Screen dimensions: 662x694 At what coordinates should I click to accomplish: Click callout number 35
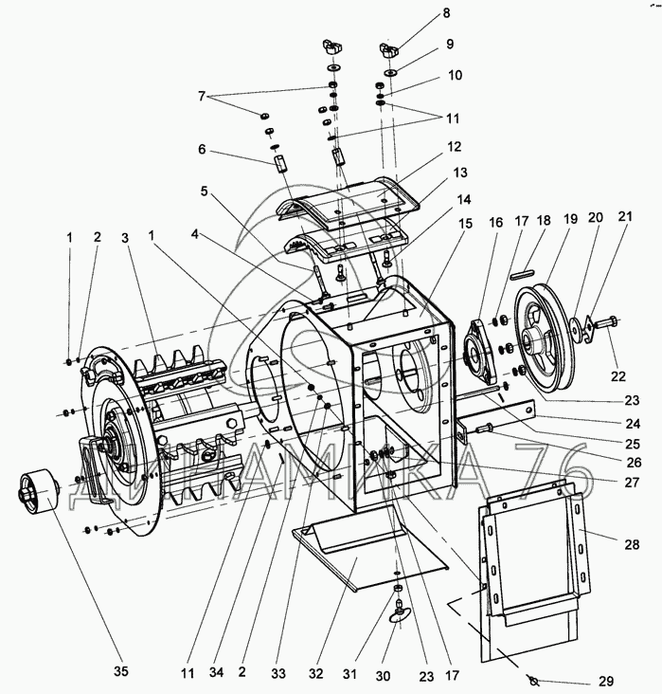(x=120, y=671)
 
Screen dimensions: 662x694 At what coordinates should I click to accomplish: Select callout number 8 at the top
(x=446, y=13)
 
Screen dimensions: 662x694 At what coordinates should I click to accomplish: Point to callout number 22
(x=618, y=375)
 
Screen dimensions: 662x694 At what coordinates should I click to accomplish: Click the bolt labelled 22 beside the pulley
(x=605, y=322)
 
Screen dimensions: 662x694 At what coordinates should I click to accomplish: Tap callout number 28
(x=633, y=544)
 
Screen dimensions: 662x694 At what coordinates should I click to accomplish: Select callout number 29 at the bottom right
(x=606, y=681)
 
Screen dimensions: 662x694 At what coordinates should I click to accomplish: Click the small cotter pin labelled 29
(x=532, y=680)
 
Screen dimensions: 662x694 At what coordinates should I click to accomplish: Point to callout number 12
(x=455, y=147)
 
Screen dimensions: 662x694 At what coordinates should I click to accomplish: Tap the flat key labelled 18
(x=523, y=275)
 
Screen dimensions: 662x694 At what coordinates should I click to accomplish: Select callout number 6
(x=202, y=149)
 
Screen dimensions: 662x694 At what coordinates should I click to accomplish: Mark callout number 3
(x=125, y=238)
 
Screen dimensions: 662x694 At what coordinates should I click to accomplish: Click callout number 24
(x=633, y=423)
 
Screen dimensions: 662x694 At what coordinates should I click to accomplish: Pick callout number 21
(x=625, y=216)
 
